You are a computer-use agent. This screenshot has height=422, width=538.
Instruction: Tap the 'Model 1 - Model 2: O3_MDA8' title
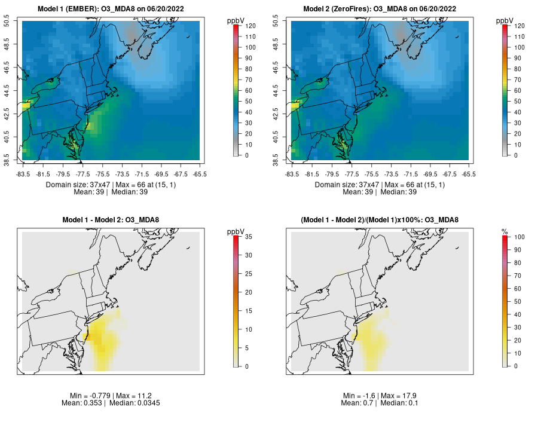click(111, 220)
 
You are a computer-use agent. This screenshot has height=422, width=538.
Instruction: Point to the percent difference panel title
click(380, 220)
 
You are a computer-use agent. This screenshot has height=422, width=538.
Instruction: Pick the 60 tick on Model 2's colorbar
click(515, 91)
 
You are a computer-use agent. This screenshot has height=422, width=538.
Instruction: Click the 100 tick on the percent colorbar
click(515, 237)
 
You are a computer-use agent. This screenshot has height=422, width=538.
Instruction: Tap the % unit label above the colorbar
click(505, 231)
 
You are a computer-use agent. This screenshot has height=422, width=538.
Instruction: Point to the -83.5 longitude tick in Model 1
click(23, 174)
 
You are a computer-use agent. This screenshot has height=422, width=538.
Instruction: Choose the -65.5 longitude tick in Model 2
click(469, 174)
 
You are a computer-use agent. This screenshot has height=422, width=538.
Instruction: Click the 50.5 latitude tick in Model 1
click(14, 22)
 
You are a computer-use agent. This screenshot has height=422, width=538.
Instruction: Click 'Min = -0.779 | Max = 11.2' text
click(111, 396)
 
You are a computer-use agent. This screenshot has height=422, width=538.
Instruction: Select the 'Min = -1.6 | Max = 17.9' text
click(380, 396)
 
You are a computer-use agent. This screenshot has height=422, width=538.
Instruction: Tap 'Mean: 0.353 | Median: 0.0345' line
click(111, 403)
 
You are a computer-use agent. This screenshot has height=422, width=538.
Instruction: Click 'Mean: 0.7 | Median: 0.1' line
click(380, 403)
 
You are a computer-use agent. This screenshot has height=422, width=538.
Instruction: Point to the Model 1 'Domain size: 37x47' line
click(111, 185)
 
